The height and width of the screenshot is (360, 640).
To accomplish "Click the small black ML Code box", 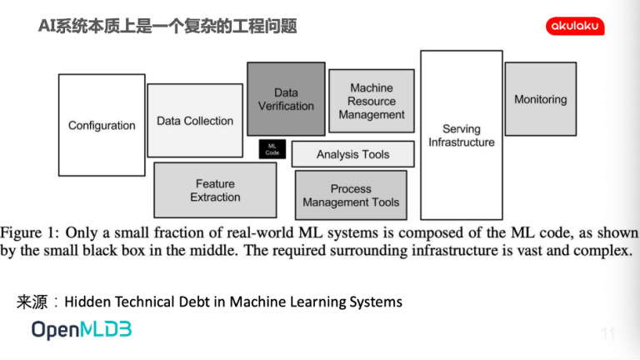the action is [x=272, y=149].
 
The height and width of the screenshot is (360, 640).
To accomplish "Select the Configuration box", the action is [x=102, y=125].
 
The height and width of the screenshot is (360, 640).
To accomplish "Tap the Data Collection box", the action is [x=195, y=120].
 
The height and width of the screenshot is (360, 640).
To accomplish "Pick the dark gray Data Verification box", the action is [x=286, y=99].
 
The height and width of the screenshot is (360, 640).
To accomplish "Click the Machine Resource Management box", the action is [x=372, y=101].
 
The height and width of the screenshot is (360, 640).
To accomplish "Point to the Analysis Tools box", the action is [x=353, y=154].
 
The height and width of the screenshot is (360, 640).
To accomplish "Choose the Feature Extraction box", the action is [x=215, y=190].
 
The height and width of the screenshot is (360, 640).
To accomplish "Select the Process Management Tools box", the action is [x=351, y=195].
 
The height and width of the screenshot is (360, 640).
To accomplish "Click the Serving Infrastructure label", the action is [x=462, y=136].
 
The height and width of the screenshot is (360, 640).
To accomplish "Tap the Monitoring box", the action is [x=541, y=99].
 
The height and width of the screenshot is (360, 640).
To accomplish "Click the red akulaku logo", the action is [x=575, y=26].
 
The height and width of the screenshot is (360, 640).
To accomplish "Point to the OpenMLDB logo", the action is [x=82, y=330].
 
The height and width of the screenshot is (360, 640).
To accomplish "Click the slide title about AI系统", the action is [x=167, y=26].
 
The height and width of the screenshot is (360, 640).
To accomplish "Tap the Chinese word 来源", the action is [x=32, y=302].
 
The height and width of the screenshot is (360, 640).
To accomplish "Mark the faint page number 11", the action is [x=608, y=333].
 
